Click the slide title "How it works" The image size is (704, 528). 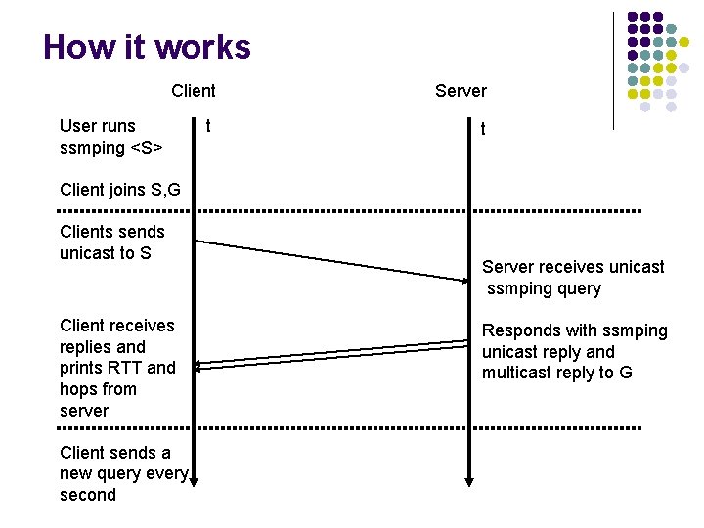(x=147, y=47)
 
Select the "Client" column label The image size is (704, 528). (x=193, y=91)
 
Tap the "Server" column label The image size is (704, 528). (x=460, y=91)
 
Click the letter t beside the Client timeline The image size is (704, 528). (x=207, y=125)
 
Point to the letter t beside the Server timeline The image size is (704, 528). (x=482, y=129)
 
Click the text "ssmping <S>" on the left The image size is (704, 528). (x=110, y=147)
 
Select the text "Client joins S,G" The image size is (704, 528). (x=119, y=190)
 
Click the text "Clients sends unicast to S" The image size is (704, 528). (x=111, y=242)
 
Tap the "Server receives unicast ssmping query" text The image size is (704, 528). (x=572, y=278)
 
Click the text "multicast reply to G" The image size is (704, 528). (x=556, y=373)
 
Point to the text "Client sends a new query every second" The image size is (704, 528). (x=122, y=473)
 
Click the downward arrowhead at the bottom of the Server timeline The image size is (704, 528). (x=469, y=481)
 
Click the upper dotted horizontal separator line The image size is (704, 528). (x=350, y=211)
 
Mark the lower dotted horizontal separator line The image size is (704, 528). (x=350, y=428)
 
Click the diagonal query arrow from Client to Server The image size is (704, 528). (x=332, y=260)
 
